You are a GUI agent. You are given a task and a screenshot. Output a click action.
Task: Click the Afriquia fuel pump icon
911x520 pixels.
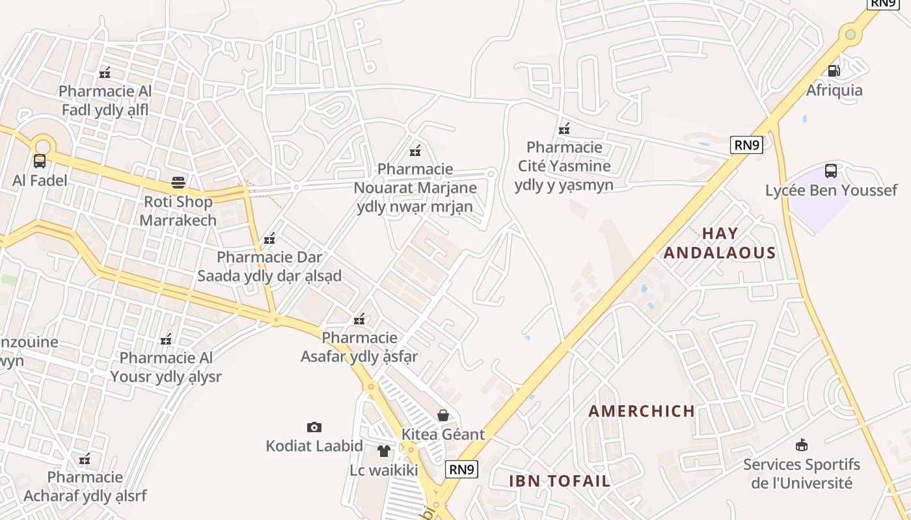834,70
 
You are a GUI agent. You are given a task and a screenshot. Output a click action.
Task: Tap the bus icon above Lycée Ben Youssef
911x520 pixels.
831,171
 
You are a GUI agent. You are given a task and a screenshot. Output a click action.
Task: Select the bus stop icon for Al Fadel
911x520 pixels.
40,161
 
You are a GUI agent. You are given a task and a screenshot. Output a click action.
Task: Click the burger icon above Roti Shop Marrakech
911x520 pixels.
178,182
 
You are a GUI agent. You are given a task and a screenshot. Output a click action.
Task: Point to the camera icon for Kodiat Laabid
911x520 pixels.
314,427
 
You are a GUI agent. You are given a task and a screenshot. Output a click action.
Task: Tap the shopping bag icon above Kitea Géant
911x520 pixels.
443,415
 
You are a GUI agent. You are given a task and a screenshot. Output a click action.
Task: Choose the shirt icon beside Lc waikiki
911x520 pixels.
384,450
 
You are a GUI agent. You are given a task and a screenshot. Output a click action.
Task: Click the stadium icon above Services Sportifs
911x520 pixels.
802,445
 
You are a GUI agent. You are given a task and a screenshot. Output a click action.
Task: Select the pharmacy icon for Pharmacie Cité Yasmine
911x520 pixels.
564,128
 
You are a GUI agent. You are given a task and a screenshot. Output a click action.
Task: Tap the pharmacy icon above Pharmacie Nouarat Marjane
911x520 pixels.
415,151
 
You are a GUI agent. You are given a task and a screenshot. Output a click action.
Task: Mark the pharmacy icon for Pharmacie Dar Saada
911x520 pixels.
269,239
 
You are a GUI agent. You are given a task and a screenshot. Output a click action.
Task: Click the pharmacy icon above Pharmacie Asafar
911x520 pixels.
359,318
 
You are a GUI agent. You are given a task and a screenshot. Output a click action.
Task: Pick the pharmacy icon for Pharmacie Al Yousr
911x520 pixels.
166,339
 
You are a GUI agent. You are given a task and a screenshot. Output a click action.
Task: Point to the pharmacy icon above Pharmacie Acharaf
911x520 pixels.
85,459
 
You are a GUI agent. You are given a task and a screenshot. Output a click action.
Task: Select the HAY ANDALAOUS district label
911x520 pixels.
720,243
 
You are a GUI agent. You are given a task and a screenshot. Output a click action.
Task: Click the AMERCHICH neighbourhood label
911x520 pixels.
642,411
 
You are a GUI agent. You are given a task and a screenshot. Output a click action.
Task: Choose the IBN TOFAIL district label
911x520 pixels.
560,481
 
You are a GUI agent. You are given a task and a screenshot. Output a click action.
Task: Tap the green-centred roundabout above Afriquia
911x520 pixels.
850,33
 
